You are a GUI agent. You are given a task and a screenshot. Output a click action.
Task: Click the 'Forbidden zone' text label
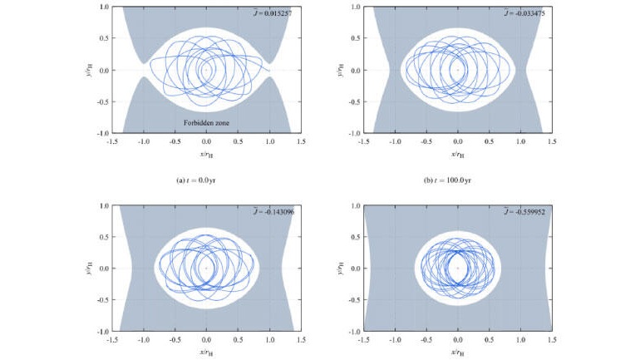point(207,123)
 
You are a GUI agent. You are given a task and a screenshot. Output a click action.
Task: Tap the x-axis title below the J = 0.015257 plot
point(206,153)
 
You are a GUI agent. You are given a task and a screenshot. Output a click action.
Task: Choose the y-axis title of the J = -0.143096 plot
point(91,269)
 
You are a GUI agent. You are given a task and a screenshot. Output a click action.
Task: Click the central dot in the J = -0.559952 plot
point(458,269)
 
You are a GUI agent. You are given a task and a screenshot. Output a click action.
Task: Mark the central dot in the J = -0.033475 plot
point(458,70)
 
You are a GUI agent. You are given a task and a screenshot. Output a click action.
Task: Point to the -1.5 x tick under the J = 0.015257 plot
point(111,142)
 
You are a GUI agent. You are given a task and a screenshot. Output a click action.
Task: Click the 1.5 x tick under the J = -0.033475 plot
point(552,142)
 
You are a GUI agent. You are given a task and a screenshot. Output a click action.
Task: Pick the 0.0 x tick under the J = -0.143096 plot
point(206,340)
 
